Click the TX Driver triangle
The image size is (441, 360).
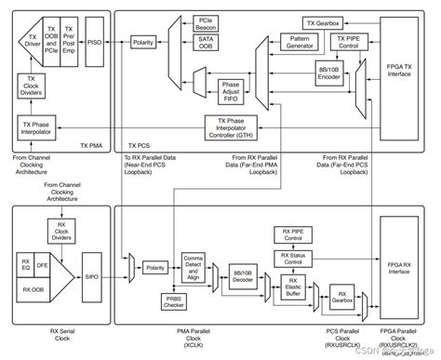click(30, 38)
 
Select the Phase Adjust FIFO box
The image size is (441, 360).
click(230, 90)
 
